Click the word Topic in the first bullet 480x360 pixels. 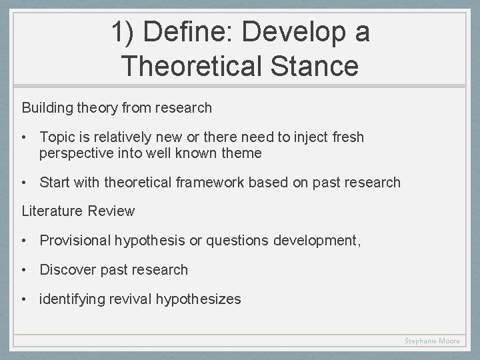tap(56, 137)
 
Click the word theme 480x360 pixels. tap(243, 153)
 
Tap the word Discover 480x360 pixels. tap(67, 270)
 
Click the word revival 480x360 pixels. tap(130, 299)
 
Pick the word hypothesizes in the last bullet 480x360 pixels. tap(199, 299)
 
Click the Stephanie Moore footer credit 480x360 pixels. tap(432, 341)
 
